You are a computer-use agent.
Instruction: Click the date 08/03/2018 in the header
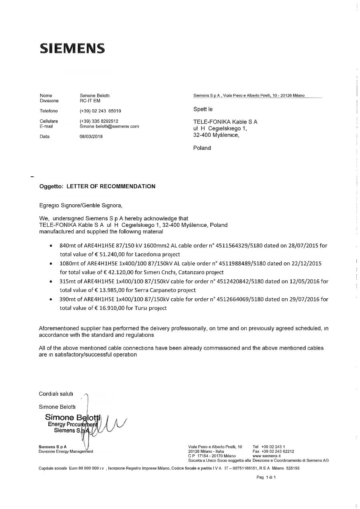92,136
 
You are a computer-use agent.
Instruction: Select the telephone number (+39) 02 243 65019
100,110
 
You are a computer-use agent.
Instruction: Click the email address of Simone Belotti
109,126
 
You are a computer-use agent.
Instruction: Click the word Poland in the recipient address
202,148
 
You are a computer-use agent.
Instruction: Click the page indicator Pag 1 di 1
266,477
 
